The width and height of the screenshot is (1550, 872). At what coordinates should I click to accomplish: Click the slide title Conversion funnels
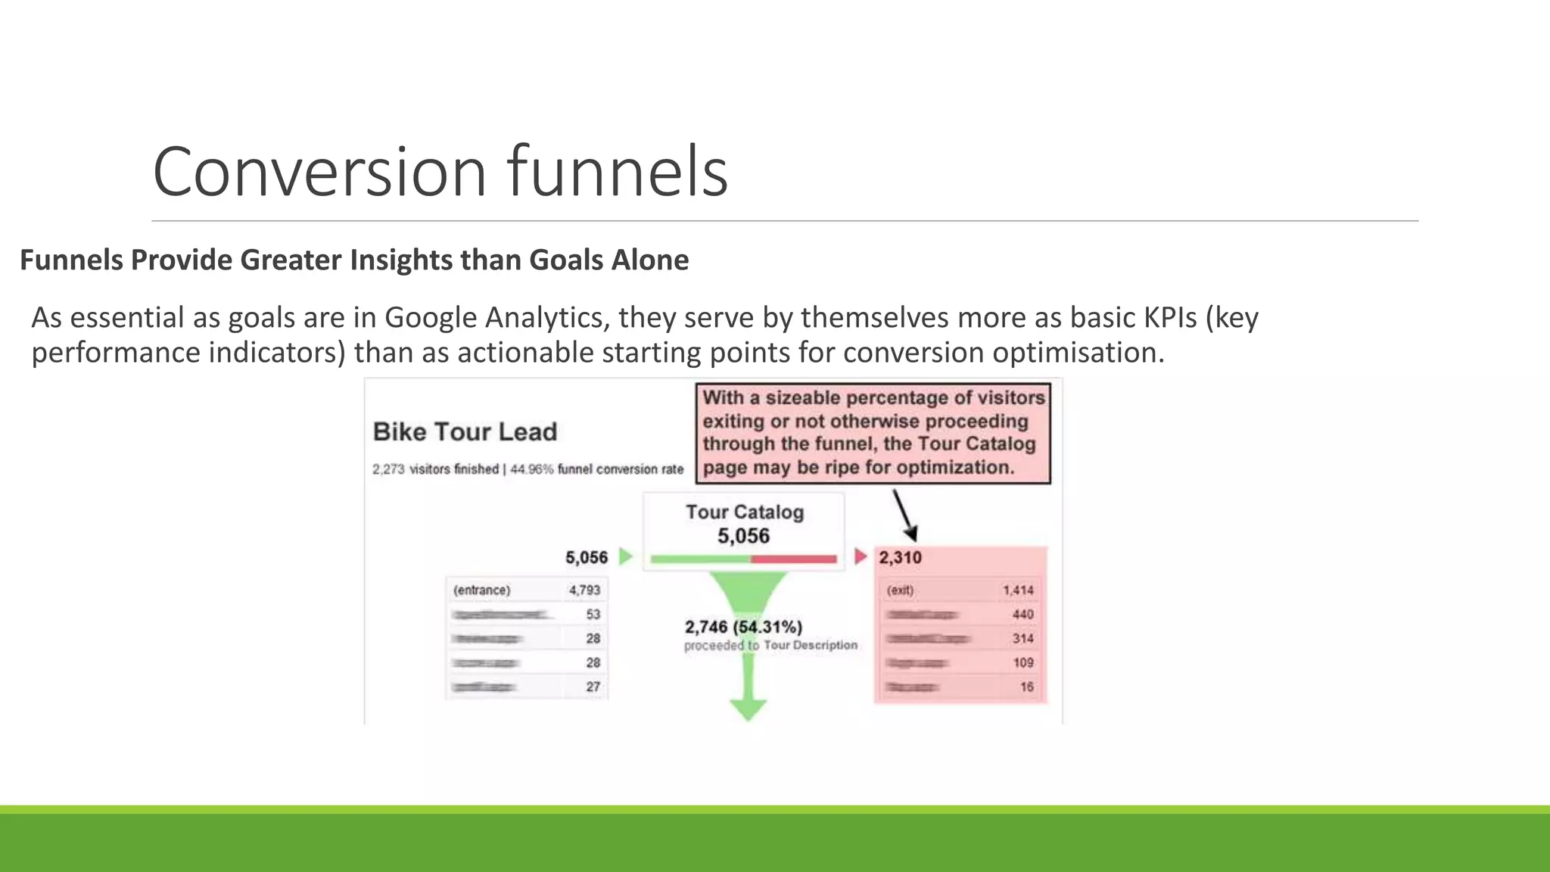[440, 172]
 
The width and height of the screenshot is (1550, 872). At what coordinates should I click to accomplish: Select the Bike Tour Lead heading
[465, 431]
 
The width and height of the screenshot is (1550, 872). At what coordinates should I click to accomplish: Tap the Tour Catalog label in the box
[745, 512]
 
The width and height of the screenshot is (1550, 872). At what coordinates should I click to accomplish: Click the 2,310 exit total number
[900, 558]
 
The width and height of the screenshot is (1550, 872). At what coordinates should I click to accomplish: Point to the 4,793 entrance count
[584, 590]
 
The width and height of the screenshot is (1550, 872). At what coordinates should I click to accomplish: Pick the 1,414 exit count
[1018, 590]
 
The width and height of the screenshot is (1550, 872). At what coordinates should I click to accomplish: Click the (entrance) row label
[481, 590]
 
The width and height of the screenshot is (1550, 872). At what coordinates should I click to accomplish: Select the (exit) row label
[900, 590]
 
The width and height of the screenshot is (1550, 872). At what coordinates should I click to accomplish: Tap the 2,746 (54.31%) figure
[743, 627]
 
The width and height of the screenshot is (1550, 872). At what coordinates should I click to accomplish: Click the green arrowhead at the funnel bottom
[748, 709]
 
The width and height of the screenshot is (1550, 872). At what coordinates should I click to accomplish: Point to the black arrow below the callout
[904, 515]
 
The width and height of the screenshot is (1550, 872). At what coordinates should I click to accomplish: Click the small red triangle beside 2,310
[860, 557]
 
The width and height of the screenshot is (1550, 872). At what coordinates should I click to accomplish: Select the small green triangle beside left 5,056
[625, 557]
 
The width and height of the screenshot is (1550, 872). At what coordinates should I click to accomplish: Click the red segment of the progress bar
[794, 559]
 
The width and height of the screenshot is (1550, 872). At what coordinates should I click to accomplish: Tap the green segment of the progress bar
[700, 559]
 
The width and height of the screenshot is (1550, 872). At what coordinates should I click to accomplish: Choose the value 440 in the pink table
[1022, 614]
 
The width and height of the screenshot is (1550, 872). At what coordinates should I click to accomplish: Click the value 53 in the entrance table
[593, 614]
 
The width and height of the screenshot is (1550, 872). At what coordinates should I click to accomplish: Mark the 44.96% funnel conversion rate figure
[531, 469]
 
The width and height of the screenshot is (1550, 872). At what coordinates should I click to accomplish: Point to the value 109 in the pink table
[1022, 662]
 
